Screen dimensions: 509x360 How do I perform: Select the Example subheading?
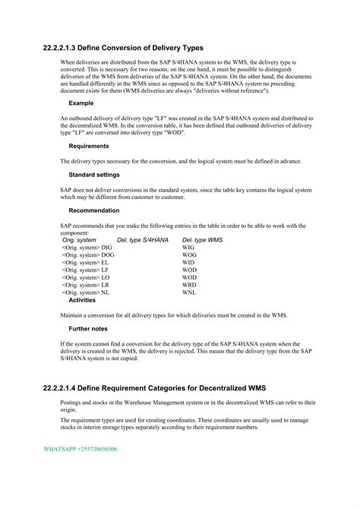point(81,103)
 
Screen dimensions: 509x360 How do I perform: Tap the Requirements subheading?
point(89,146)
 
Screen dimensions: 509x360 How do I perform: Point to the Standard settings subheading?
point(94,175)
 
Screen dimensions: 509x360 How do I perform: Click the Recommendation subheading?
point(93,210)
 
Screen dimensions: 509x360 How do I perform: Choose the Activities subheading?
point(82,299)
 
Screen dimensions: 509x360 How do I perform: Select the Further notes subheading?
point(88,329)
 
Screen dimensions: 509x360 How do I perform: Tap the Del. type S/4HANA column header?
point(143,240)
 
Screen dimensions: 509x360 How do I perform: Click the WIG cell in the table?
point(188,248)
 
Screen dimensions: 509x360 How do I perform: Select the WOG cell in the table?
point(189,255)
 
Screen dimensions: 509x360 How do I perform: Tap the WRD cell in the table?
point(189,284)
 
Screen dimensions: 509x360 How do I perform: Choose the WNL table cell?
point(189,292)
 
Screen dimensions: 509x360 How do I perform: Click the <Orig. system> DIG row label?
point(87,248)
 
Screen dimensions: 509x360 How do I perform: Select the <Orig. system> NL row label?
point(85,292)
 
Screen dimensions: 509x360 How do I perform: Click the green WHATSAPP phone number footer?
point(80,450)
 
